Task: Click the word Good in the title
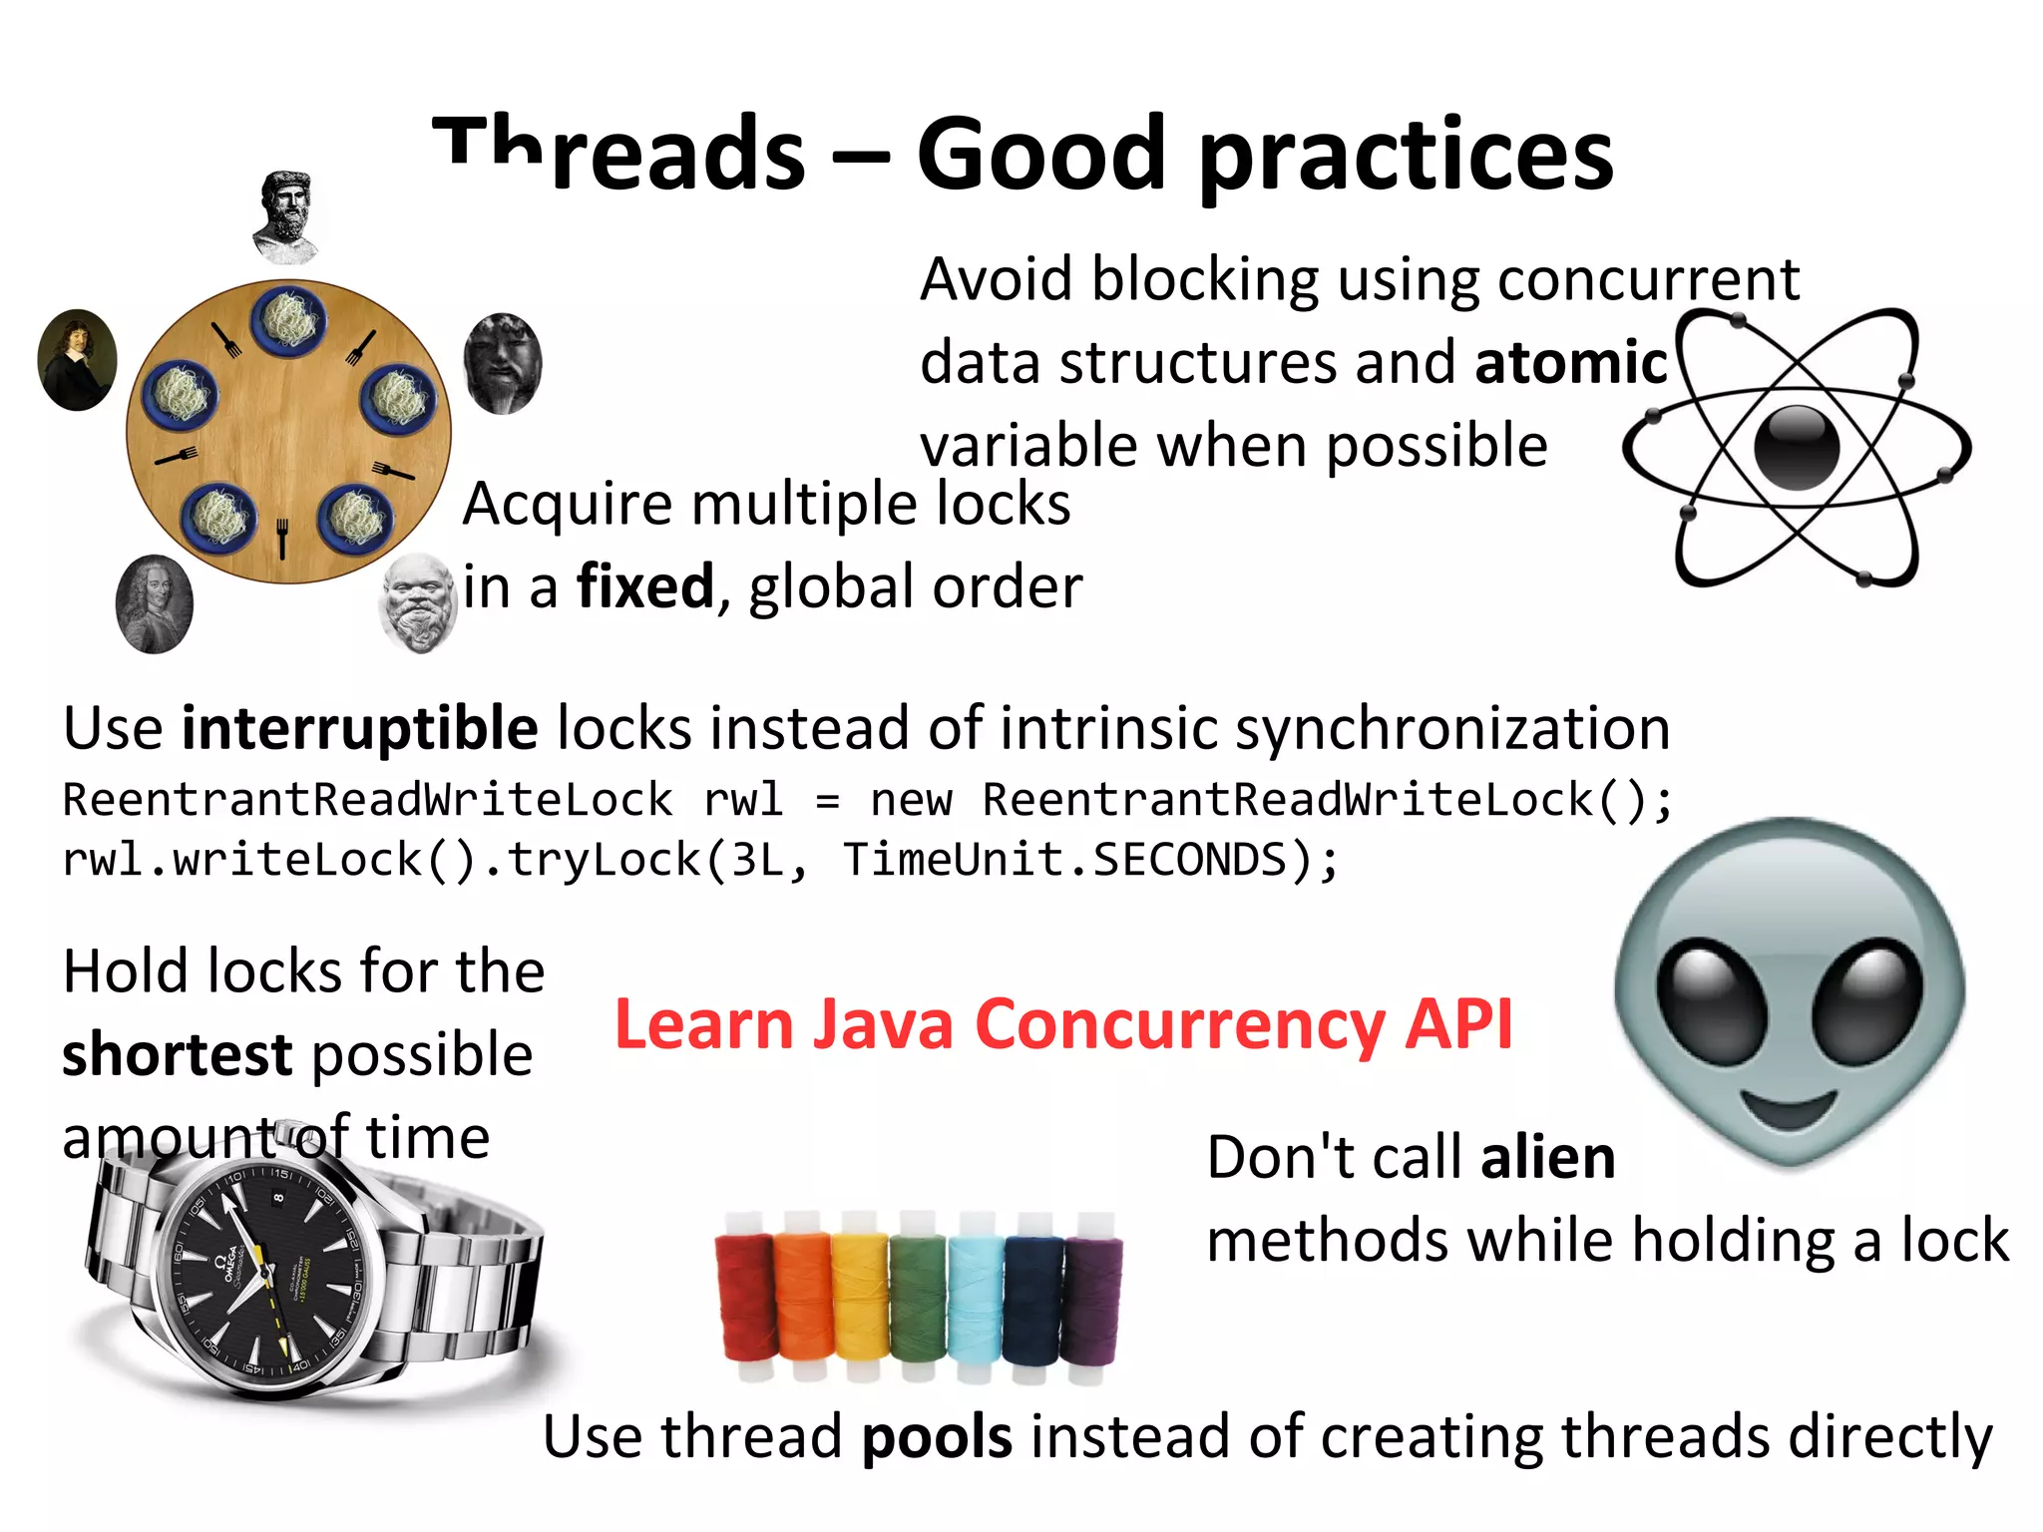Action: [1040, 155]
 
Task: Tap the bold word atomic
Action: [1570, 362]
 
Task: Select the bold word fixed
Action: [645, 586]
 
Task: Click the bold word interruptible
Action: [360, 728]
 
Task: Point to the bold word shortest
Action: [178, 1055]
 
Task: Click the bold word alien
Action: [1547, 1158]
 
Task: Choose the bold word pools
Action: [937, 1437]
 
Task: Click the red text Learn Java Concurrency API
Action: [1063, 1024]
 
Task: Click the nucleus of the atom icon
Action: [1797, 448]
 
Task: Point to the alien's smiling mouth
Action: [1789, 1108]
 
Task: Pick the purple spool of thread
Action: [1092, 1299]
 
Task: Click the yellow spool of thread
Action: [860, 1297]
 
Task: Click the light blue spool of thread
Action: [976, 1297]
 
